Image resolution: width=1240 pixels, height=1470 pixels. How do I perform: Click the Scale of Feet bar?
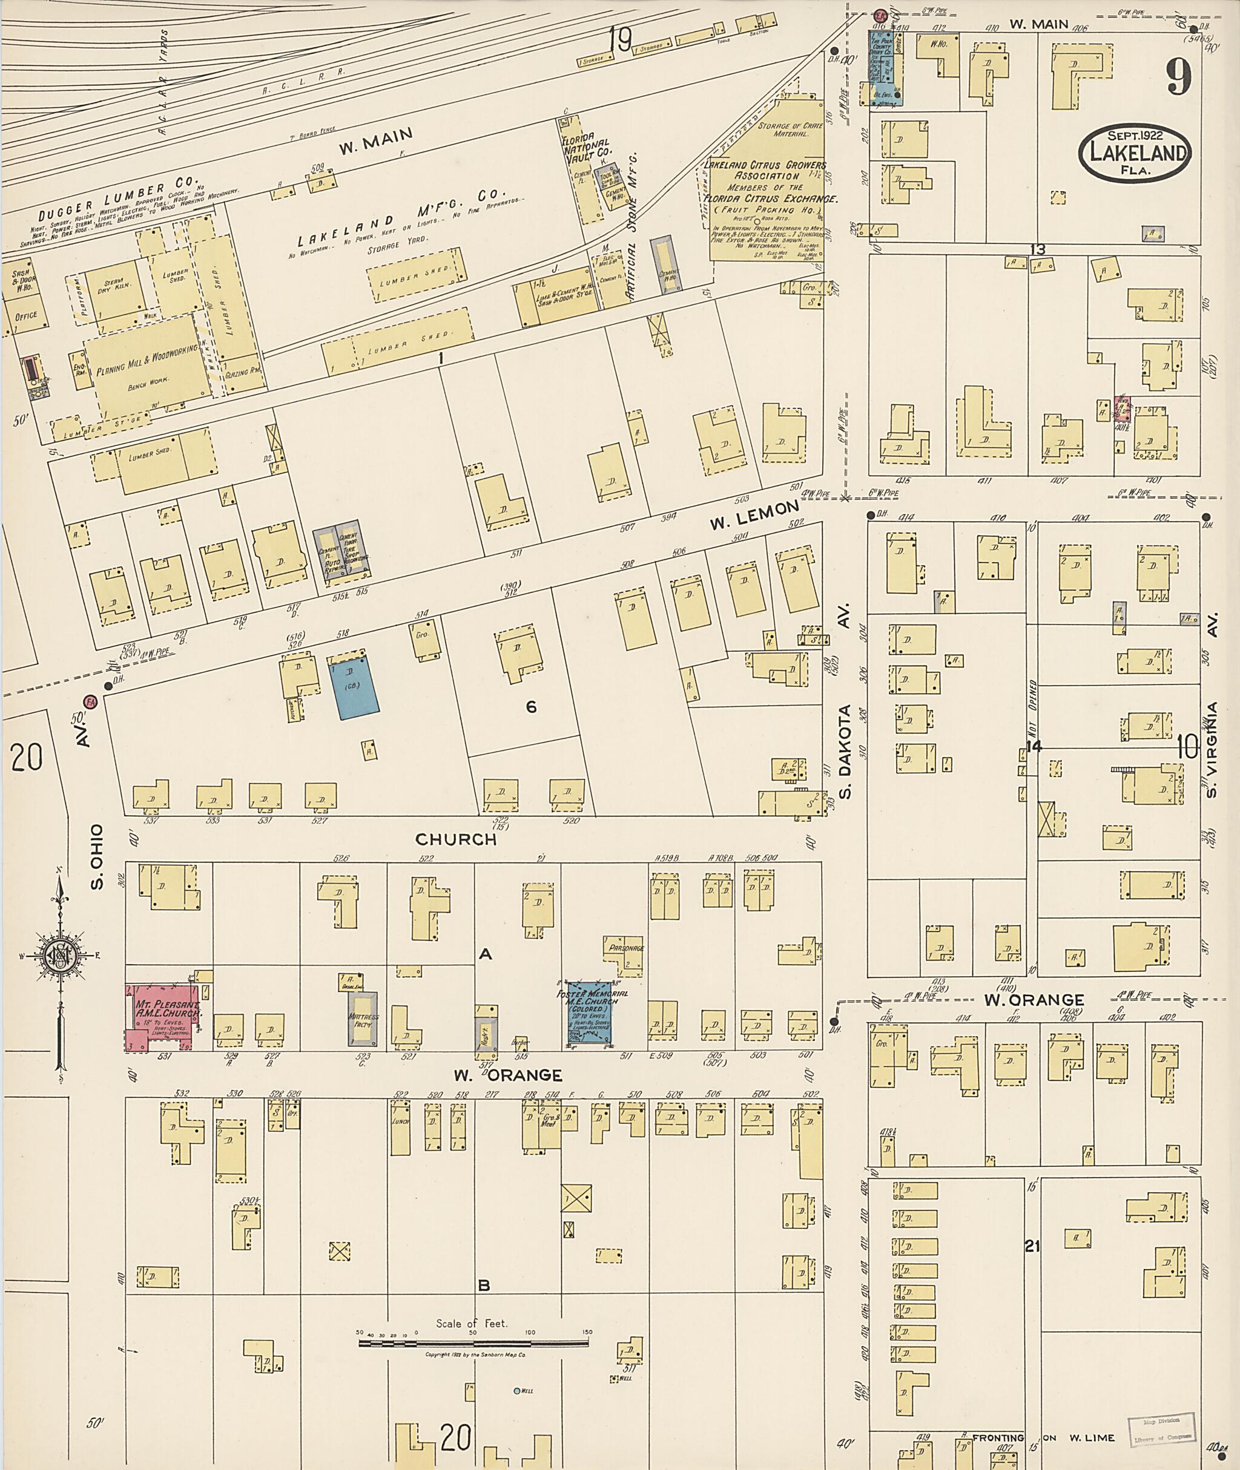pos(473,1343)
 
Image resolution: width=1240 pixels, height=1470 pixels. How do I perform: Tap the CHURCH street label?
pos(455,840)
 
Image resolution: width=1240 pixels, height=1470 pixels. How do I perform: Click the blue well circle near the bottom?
pos(516,1391)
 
